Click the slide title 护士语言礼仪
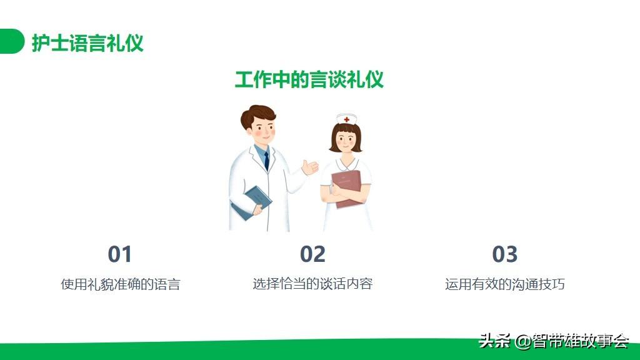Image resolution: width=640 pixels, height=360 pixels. [87, 42]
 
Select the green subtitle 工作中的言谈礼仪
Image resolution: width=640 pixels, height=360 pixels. [309, 79]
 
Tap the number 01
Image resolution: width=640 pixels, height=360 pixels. [119, 254]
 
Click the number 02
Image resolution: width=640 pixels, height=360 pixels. [312, 254]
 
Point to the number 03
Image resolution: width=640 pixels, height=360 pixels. [505, 254]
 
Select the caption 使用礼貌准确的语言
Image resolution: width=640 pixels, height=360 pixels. [121, 284]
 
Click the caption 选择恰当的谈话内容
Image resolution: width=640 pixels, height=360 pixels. [312, 284]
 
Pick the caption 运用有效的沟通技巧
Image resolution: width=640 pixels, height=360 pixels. [505, 284]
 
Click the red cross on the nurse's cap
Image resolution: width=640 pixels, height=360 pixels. [346, 119]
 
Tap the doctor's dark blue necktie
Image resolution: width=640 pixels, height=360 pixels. [266, 161]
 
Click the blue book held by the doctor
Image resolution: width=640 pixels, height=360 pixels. [252, 203]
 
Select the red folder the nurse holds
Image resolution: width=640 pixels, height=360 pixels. [346, 188]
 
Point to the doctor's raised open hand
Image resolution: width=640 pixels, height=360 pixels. [310, 167]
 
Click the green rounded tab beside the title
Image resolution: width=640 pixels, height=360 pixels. [12, 41]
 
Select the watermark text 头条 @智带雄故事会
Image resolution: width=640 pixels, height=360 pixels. [554, 341]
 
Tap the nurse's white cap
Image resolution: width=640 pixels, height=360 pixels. [346, 119]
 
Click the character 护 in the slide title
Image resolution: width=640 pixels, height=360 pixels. [41, 42]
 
